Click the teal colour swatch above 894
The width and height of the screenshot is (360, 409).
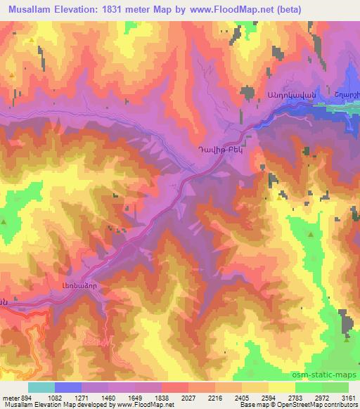(41, 387)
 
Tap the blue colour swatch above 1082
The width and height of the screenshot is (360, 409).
(67, 387)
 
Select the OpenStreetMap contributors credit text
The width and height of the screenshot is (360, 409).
(307, 405)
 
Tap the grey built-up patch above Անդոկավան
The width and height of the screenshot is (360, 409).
(247, 92)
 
